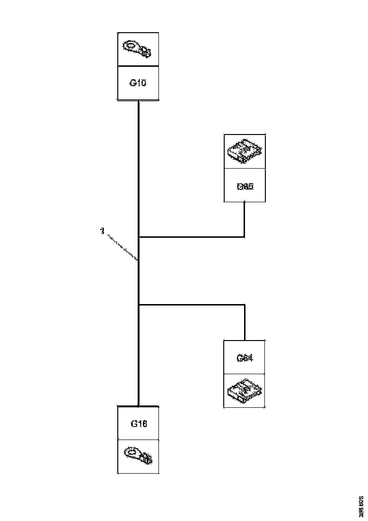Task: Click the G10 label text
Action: [138, 83]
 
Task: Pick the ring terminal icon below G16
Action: [138, 456]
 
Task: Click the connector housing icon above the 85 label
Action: [245, 151]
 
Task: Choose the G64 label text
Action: [245, 358]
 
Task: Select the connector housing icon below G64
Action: [245, 391]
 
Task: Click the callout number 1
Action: [102, 232]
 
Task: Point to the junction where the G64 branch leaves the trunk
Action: [139, 305]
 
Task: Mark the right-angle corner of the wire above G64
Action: [244, 305]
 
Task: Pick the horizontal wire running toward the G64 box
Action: [192, 305]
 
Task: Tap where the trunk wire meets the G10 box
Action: [138, 101]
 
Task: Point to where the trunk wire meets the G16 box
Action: [138, 405]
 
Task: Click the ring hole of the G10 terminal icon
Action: [130, 46]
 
